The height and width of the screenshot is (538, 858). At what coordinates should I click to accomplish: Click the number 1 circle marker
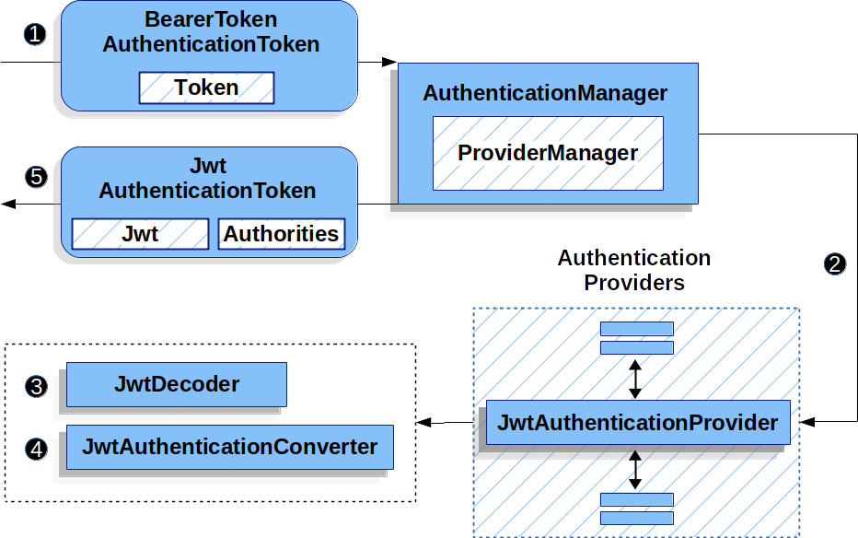click(x=35, y=35)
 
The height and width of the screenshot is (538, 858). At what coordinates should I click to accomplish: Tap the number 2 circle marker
click(x=834, y=264)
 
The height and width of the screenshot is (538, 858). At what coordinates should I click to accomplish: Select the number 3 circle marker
click(x=36, y=386)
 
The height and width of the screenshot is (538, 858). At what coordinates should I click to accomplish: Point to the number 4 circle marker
click(x=36, y=450)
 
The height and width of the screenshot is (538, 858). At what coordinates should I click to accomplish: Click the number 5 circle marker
click(x=36, y=177)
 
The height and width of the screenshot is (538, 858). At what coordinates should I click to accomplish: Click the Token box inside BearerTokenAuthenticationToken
click(x=206, y=88)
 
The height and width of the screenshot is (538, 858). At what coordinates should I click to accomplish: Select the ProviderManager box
click(x=548, y=153)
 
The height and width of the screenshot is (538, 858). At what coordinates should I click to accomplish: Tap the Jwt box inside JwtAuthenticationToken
click(x=140, y=234)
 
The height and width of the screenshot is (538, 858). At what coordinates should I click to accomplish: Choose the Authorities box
click(x=282, y=234)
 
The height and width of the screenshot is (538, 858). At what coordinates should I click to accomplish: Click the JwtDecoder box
click(x=176, y=384)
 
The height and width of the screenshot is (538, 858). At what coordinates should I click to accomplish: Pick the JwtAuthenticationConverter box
click(x=230, y=447)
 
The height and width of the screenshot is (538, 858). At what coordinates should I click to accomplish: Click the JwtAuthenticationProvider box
click(x=638, y=423)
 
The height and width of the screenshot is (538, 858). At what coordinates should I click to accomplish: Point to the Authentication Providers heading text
click(x=634, y=270)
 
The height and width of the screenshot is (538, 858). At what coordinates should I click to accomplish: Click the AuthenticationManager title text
click(x=545, y=93)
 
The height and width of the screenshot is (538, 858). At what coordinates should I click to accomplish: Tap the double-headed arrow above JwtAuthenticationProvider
click(x=634, y=379)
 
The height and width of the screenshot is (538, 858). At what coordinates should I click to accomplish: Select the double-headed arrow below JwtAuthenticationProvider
click(x=634, y=470)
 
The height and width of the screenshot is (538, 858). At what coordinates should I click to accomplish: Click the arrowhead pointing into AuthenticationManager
click(x=389, y=62)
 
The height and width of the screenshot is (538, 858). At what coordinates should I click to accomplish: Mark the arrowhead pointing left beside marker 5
click(x=8, y=205)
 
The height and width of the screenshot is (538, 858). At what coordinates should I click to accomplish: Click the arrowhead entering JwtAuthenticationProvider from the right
click(x=807, y=422)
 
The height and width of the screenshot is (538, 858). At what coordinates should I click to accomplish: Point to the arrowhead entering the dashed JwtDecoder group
click(x=424, y=423)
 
